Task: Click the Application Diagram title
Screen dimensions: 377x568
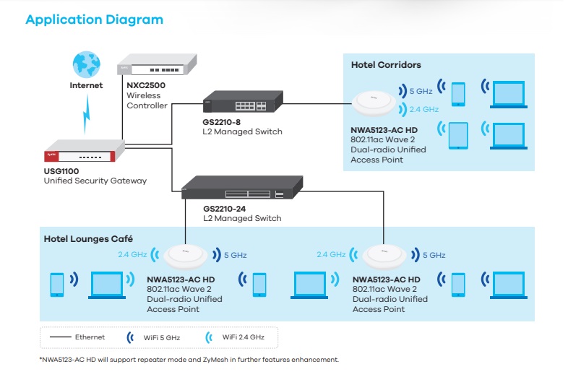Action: tap(94, 19)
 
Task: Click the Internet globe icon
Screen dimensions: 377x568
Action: tap(87, 64)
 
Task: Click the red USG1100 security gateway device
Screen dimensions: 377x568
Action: tap(83, 154)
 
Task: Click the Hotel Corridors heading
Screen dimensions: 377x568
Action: tap(386, 65)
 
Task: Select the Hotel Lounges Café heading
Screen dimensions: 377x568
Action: tap(88, 238)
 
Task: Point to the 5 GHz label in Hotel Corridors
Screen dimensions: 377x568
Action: tap(421, 92)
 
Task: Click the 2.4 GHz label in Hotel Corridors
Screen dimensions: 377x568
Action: tap(423, 110)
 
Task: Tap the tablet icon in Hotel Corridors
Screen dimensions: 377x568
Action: tap(459, 135)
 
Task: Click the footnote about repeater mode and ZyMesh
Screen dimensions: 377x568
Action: tap(189, 359)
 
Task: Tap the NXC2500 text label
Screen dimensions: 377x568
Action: tap(147, 85)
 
